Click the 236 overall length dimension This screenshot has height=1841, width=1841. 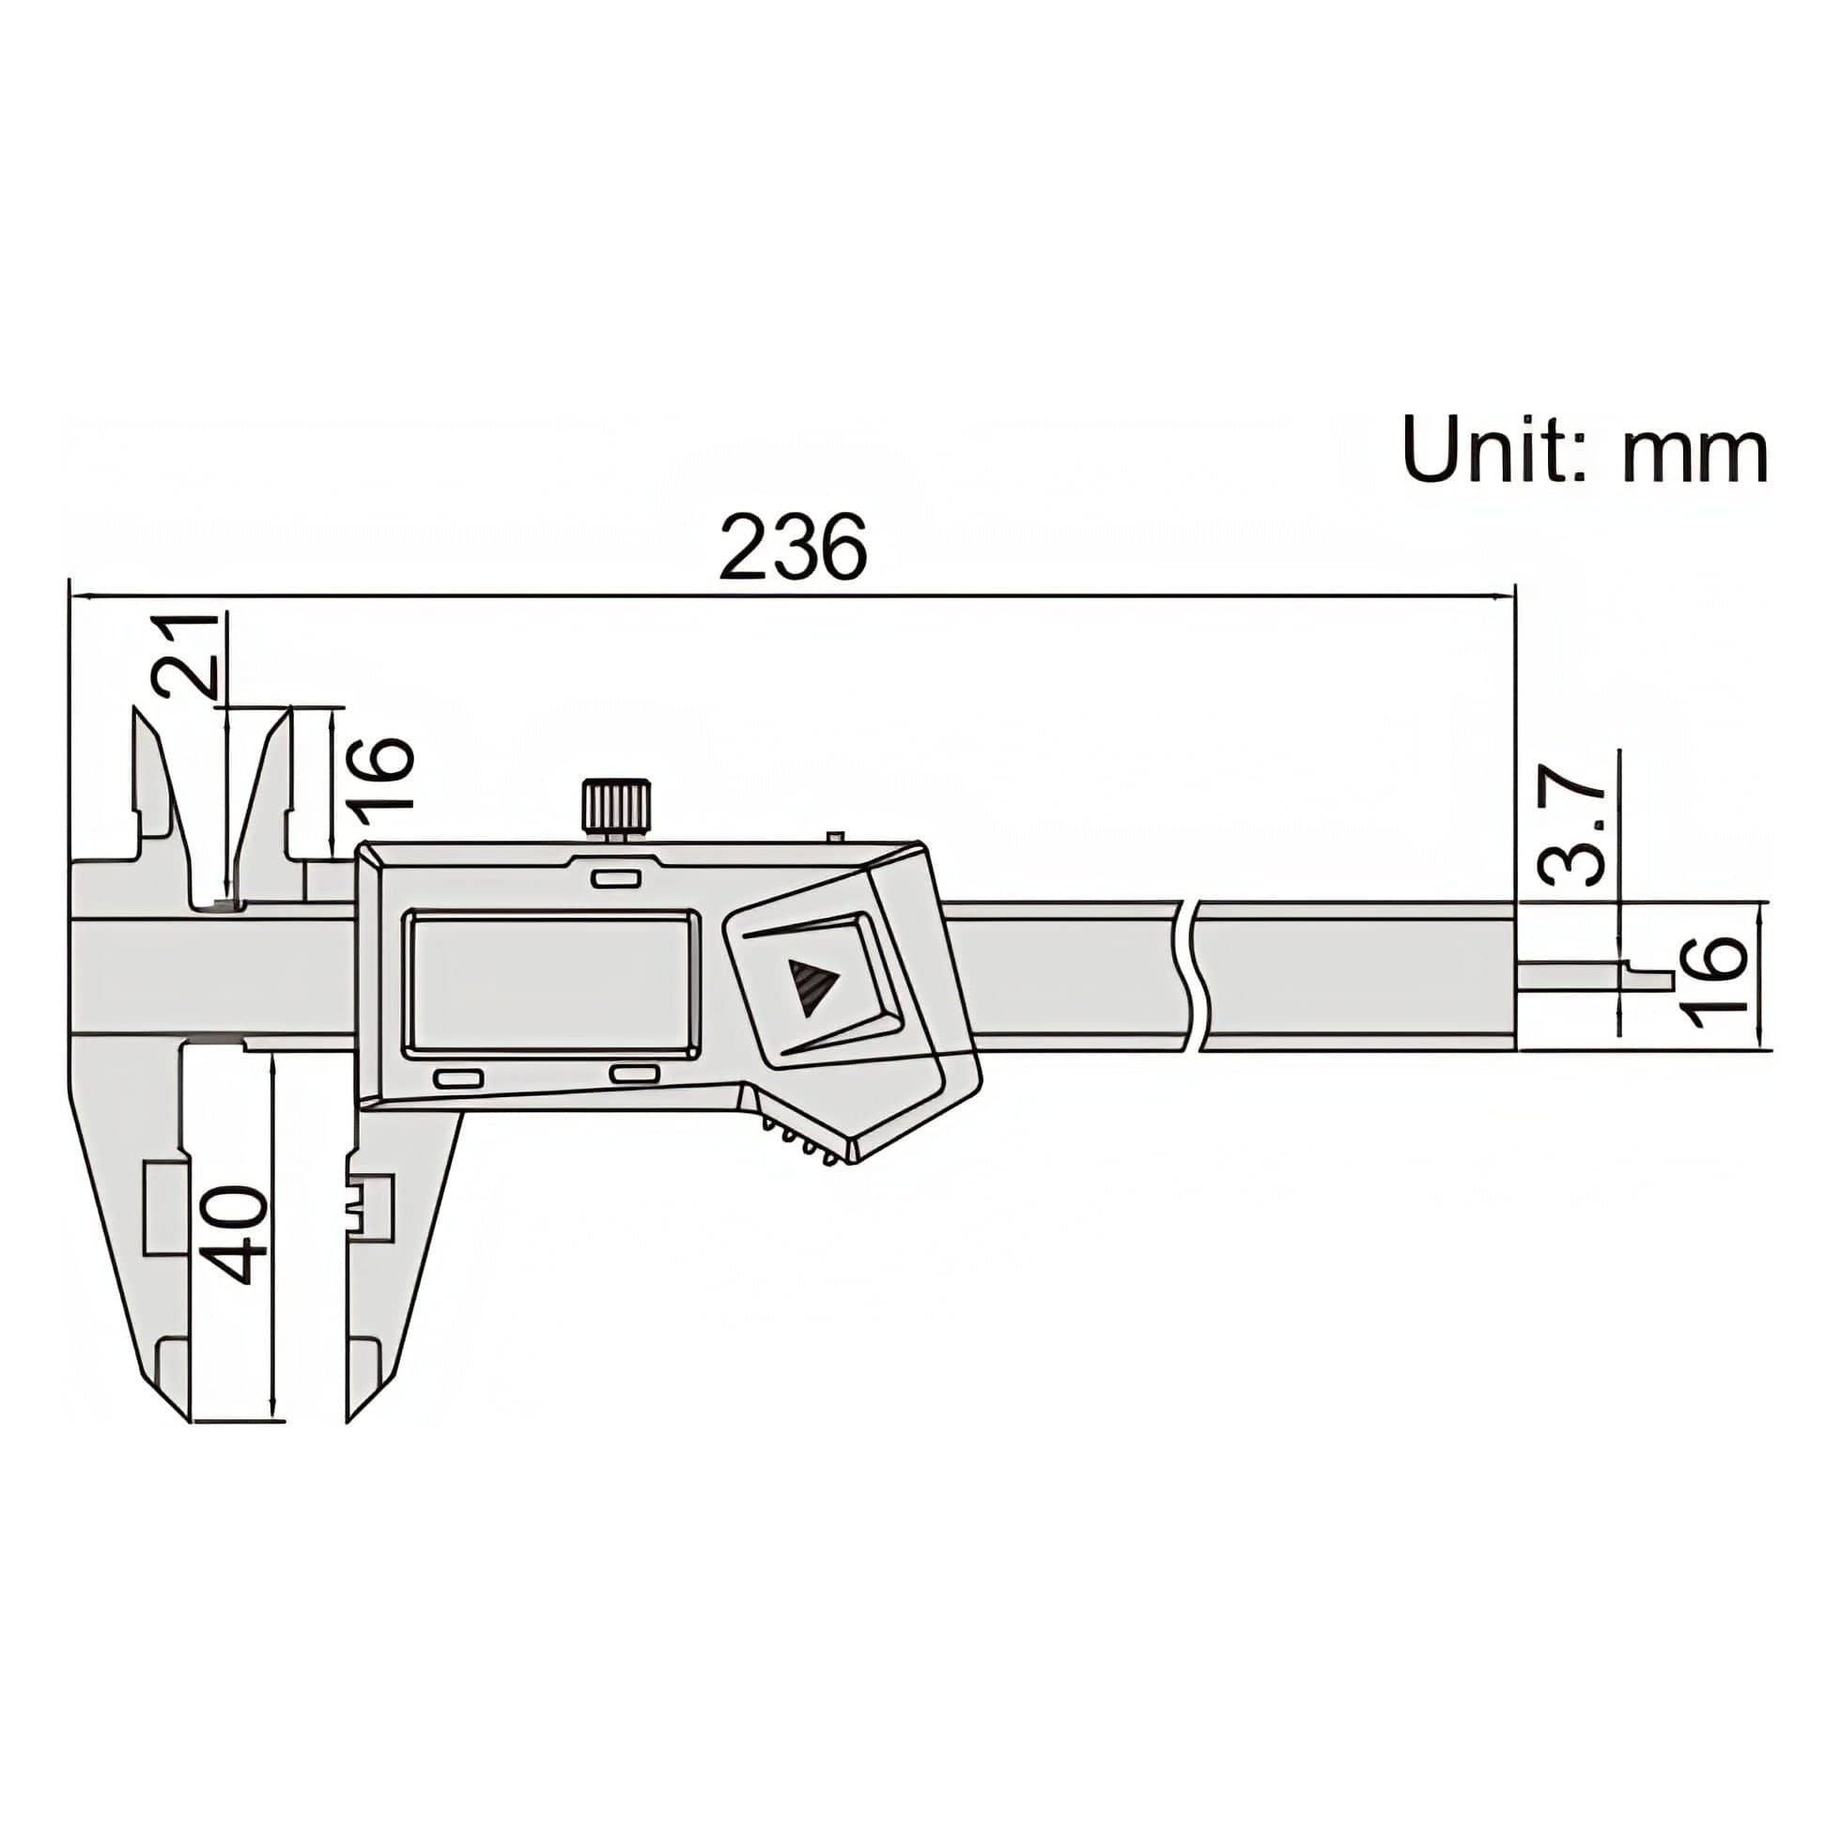coord(793,547)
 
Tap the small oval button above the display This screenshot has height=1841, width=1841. coord(614,876)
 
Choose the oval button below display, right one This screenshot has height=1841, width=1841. coord(635,1074)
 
